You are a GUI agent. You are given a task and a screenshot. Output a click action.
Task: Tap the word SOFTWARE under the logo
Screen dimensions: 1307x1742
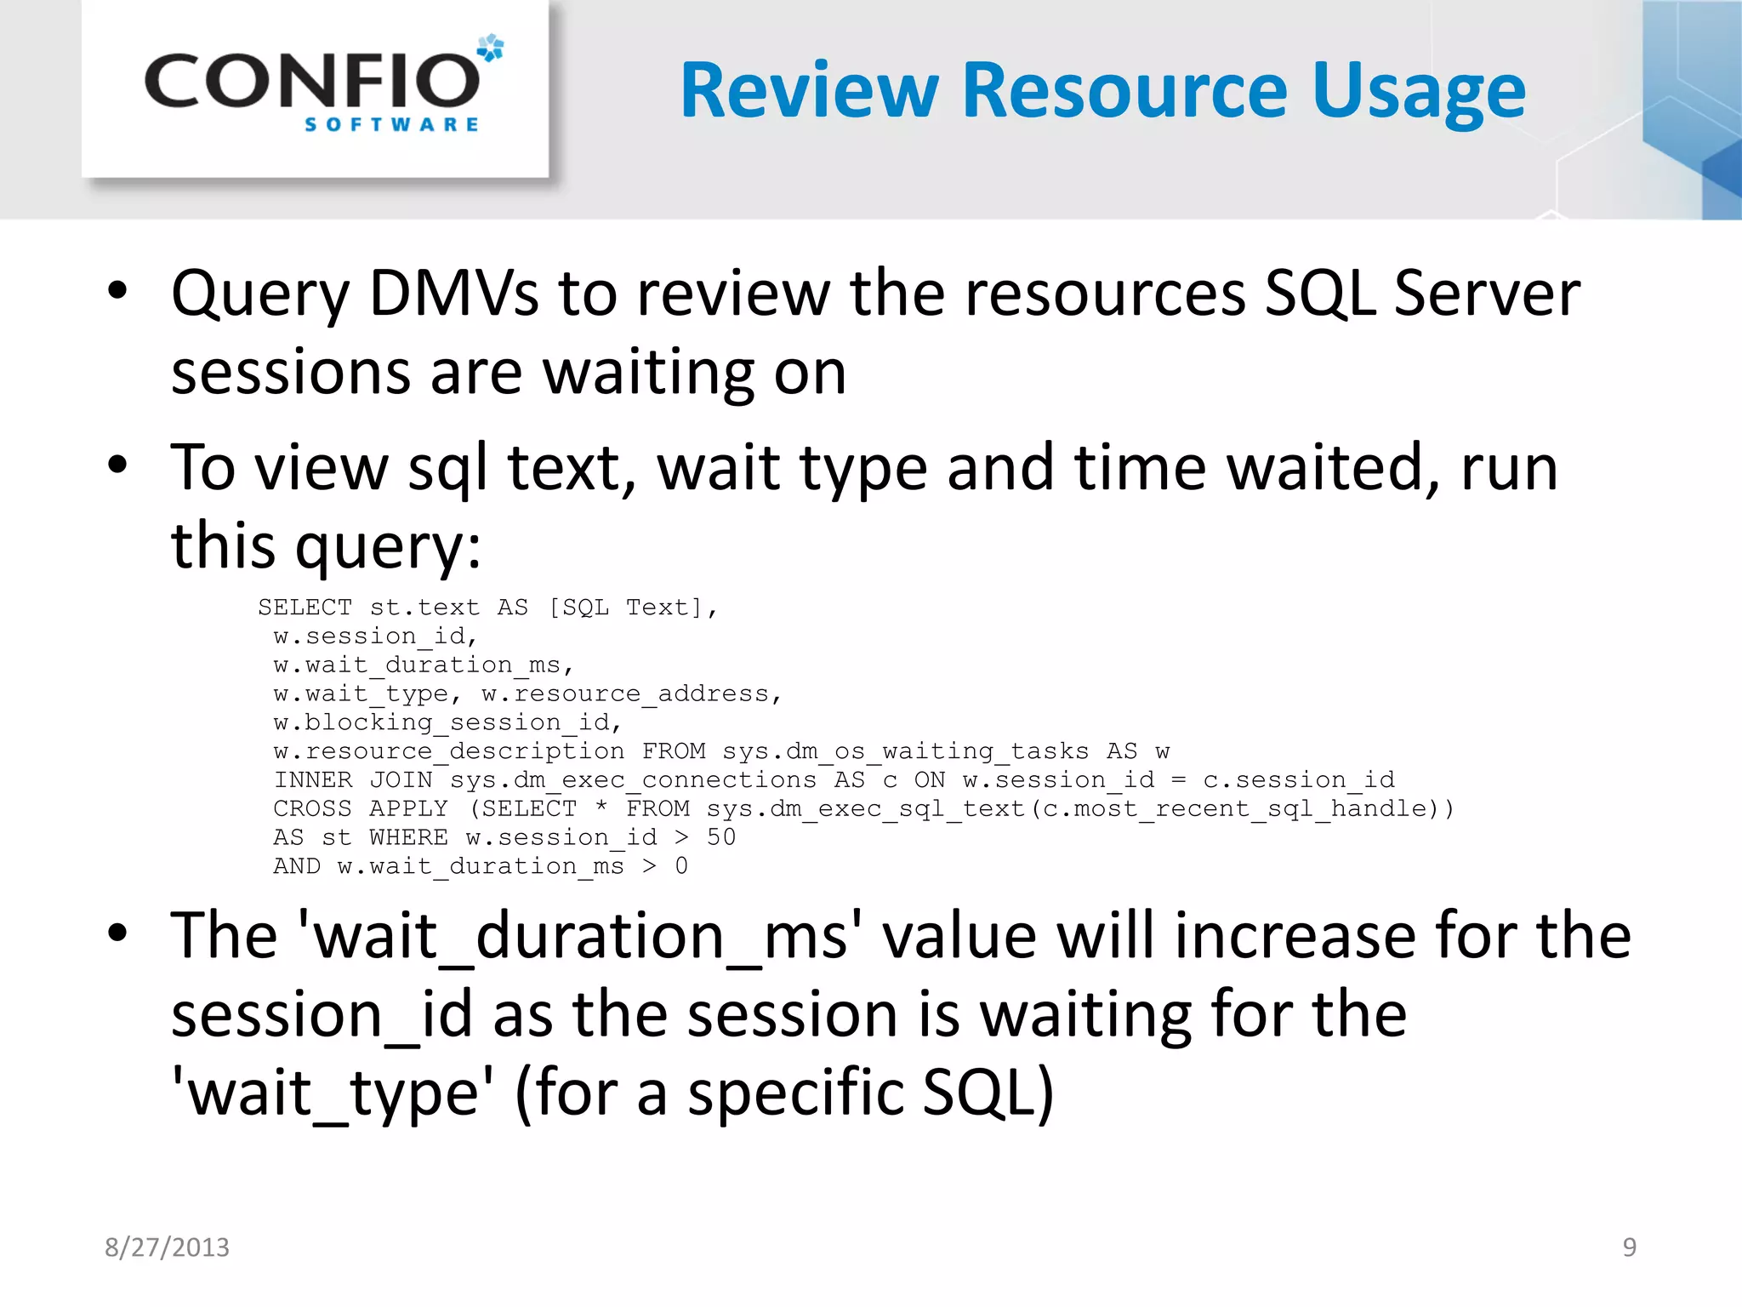(391, 125)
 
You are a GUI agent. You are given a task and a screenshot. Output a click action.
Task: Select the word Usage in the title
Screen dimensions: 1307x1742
(1419, 92)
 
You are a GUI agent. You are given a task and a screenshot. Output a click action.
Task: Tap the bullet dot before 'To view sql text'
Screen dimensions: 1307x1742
(117, 465)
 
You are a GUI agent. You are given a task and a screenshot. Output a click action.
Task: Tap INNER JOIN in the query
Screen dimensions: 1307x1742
(352, 779)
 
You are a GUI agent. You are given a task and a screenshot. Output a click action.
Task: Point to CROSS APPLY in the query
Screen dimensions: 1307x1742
(360, 808)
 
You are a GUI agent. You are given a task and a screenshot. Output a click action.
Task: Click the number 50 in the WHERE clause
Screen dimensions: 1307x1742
(720, 837)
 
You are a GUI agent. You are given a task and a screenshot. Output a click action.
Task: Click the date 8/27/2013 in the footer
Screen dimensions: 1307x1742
(167, 1247)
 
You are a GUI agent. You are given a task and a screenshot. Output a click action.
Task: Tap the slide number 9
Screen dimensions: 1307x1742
(1629, 1247)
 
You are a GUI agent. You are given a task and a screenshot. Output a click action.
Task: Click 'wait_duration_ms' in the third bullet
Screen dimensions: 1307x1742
(580, 937)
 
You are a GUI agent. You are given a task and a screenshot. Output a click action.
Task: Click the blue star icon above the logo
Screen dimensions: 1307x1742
(490, 48)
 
